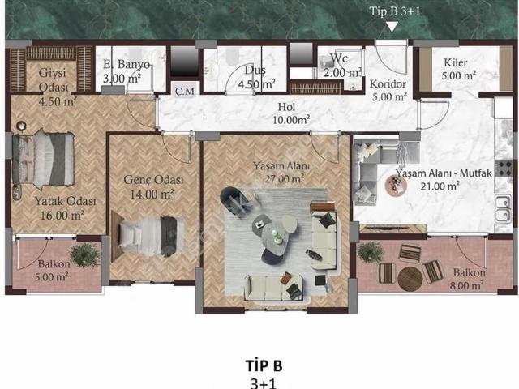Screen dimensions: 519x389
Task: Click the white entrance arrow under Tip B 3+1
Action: coord(392,27)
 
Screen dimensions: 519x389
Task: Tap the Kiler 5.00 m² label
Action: coord(458,69)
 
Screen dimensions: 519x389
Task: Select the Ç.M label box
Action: coord(185,90)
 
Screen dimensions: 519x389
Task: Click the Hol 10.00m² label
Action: coord(290,113)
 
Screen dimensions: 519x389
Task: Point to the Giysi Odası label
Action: coord(54,79)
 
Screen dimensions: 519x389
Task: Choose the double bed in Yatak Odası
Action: coord(43,159)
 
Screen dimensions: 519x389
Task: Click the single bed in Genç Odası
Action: coord(148,235)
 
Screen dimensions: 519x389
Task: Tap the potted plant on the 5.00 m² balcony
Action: coord(84,255)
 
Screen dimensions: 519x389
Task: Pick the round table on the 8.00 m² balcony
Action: coord(410,279)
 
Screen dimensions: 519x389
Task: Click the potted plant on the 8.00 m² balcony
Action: coord(371,252)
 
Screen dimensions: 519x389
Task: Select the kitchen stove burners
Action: coord(504,169)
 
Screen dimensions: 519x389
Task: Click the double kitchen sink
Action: coord(504,209)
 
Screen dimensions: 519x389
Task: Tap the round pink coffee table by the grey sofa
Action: coord(396,186)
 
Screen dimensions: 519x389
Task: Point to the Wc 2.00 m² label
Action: coord(342,65)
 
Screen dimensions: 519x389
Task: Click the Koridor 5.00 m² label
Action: coord(388,90)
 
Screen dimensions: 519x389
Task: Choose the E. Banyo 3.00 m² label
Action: coord(126,71)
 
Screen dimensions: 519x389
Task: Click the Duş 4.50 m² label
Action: coord(257,78)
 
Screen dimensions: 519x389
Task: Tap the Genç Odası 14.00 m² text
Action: coord(153,187)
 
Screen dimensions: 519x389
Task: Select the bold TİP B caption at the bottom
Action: coord(264,365)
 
